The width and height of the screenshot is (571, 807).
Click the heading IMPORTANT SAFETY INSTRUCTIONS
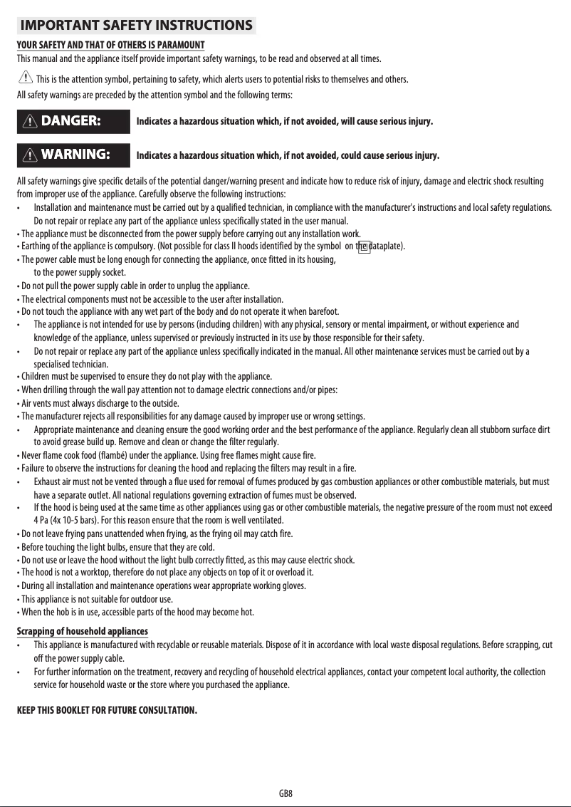(x=136, y=26)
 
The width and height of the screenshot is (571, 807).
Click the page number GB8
(x=285, y=793)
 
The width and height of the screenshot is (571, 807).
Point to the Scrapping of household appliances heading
(x=82, y=632)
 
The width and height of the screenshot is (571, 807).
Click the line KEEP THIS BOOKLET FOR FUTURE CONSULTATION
(x=106, y=711)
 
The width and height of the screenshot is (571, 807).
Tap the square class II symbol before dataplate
(x=363, y=247)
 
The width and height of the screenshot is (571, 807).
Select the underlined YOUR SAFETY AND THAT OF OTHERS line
(x=110, y=46)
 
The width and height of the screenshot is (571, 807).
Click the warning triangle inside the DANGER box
(x=31, y=121)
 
